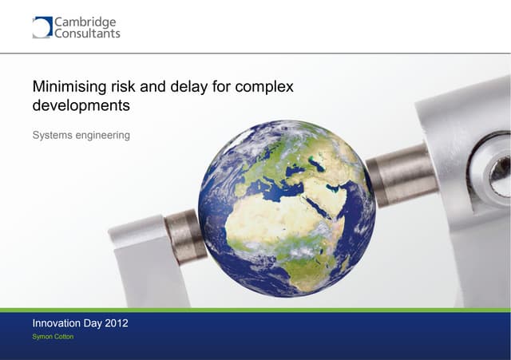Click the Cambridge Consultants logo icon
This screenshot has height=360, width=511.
click(42, 27)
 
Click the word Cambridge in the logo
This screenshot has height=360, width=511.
click(85, 22)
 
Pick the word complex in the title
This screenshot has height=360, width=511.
click(267, 86)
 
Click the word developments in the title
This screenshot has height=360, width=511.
click(81, 105)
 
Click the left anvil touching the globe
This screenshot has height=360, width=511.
click(184, 236)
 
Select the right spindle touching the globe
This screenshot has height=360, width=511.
click(399, 176)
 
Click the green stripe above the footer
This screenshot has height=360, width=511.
click(255, 310)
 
